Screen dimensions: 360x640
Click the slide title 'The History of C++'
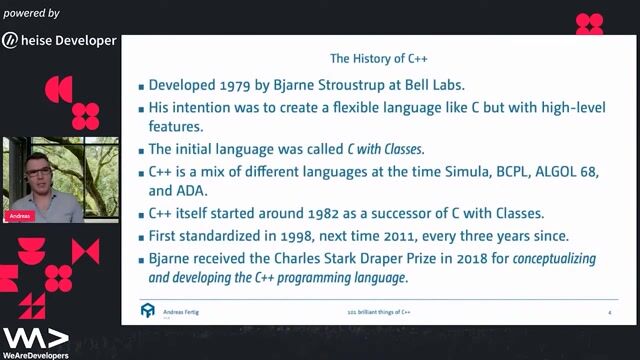379,58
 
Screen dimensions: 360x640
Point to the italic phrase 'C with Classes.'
385,148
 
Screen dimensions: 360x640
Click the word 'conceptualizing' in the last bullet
540,258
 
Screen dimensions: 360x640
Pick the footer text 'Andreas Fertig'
186,313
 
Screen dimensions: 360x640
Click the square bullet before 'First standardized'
142,237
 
